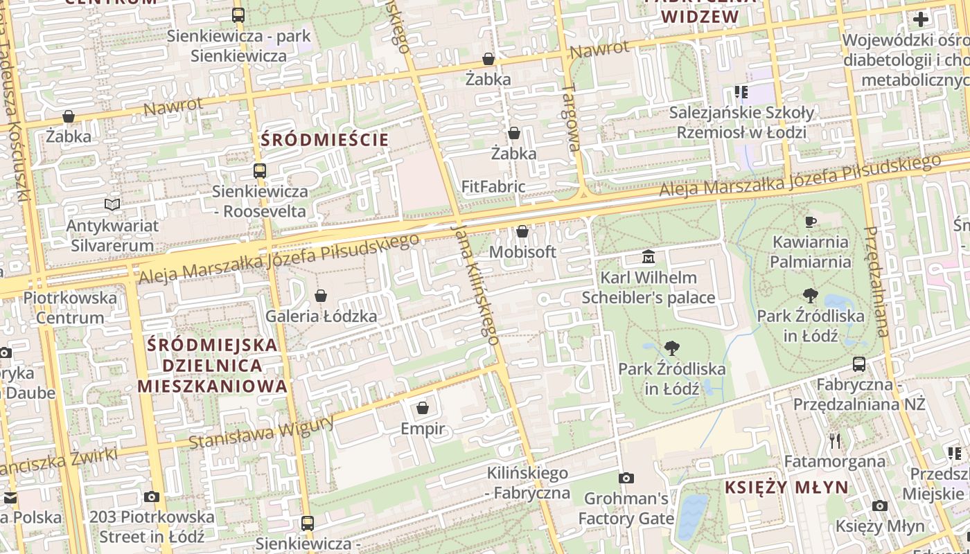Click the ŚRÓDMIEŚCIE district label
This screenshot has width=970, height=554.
[324, 140]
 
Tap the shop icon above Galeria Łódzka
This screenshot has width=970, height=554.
[321, 296]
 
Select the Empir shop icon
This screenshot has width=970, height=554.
[423, 409]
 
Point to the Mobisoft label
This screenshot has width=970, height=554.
[522, 252]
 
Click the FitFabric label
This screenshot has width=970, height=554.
[493, 187]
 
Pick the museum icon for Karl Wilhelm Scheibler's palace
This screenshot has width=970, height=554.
[648, 257]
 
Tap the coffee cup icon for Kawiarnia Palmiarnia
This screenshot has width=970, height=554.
[810, 222]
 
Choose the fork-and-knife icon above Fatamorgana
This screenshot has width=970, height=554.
[835, 440]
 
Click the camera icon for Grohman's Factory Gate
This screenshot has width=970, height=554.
[626, 478]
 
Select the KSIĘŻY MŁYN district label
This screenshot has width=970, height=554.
[786, 488]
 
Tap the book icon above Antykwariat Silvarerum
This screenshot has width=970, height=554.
[112, 204]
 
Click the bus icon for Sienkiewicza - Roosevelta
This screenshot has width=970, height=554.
[260, 170]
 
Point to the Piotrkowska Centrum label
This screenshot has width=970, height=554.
[70, 307]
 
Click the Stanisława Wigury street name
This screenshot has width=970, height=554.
[260, 431]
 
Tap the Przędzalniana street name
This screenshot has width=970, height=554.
[876, 280]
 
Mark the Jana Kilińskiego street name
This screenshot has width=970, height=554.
[475, 284]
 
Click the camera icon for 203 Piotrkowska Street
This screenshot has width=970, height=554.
[152, 497]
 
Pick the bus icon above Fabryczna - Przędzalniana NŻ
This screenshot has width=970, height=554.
[859, 364]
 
